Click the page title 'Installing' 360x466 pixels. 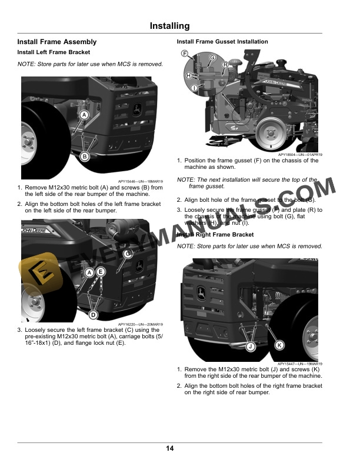[169, 26]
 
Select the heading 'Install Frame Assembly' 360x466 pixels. [57, 42]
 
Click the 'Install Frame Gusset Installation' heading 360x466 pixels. [222, 42]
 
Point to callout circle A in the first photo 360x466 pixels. [84, 115]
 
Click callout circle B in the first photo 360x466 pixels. [84, 156]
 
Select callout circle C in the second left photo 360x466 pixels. [128, 253]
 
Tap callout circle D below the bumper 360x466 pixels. [93, 315]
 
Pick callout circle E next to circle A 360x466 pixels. [101, 272]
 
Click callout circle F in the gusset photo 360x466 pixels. [184, 54]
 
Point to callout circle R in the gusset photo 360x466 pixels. [225, 65]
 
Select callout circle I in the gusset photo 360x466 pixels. [194, 88]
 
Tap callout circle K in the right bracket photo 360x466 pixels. [279, 344]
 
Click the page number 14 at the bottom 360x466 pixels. [169, 449]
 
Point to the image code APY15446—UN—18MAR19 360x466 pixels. [141, 182]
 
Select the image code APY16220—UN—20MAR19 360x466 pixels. [141, 324]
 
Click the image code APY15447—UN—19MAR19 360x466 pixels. [299, 364]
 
